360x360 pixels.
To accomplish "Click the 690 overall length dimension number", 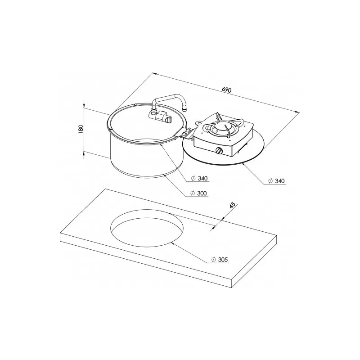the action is [227, 90].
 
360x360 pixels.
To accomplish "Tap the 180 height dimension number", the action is [81, 129].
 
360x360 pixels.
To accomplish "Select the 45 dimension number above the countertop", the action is [233, 205].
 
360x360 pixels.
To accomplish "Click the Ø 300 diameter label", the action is [199, 193].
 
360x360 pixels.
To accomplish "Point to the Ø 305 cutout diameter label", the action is [220, 260].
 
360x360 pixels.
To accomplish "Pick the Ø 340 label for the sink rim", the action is [199, 178].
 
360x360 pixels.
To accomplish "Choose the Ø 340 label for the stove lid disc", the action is [276, 181].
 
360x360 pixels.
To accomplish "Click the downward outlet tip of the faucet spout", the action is [184, 110].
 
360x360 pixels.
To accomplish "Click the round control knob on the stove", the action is [219, 151].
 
